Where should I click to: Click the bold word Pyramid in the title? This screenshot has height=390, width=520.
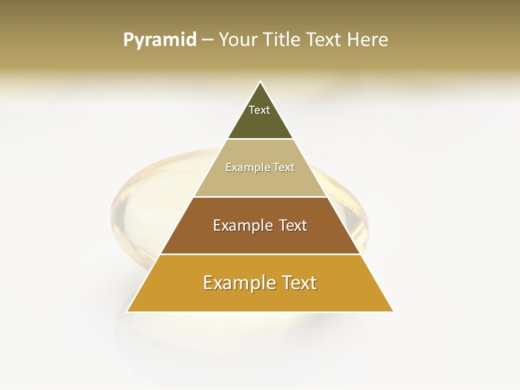160,40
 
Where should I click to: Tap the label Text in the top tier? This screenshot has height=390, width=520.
259,110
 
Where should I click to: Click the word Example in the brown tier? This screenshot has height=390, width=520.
242,225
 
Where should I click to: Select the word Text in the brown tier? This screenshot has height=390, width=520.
292,225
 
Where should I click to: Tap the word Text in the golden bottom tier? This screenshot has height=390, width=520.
298,283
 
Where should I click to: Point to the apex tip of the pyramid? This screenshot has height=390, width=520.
260,82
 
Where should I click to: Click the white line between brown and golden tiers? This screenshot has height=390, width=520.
260,254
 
